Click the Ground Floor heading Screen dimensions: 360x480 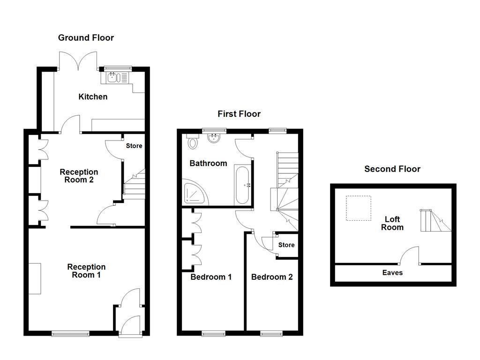[x=86, y=38]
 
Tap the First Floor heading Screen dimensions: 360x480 [x=239, y=114]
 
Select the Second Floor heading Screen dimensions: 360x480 [x=392, y=169]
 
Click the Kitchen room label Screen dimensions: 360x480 [x=93, y=97]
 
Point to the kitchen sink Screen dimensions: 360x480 [x=114, y=78]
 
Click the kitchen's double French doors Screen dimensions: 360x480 [x=78, y=61]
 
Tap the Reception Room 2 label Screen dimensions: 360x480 [x=79, y=176]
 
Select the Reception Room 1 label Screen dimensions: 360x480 [x=86, y=271]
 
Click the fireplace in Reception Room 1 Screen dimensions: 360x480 [x=35, y=278]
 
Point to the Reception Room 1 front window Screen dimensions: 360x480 [x=70, y=333]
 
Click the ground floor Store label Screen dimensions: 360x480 [x=134, y=146]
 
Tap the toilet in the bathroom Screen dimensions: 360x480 [x=192, y=141]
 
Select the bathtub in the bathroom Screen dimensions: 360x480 [x=242, y=185]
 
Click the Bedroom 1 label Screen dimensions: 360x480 [x=211, y=277]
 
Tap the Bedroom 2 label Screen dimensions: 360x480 [x=272, y=277]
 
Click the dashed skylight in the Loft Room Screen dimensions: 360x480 [x=359, y=208]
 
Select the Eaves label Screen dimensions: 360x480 [x=392, y=272]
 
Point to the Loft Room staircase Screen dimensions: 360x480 [x=436, y=220]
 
